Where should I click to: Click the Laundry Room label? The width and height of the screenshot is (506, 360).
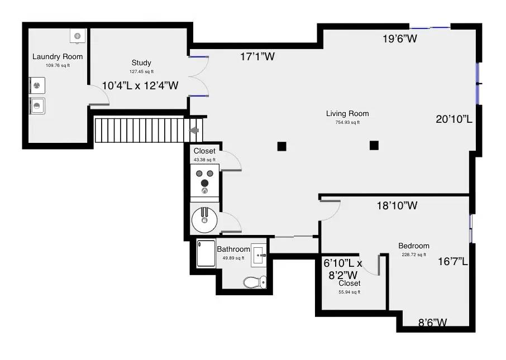[x=58, y=56]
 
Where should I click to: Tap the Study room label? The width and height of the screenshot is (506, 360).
[x=141, y=63]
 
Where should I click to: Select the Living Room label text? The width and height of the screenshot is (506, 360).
[x=347, y=113]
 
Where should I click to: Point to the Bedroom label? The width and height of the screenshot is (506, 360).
[x=413, y=246]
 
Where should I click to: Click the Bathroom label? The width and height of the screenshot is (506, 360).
[x=233, y=249]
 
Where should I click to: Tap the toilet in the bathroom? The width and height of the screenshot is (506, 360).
[x=255, y=282]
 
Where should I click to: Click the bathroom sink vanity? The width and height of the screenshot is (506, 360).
[x=259, y=255]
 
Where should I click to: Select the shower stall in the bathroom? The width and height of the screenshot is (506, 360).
[x=205, y=254]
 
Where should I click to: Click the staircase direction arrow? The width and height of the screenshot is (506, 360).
[x=194, y=130]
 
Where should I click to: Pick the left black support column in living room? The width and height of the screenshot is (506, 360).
[x=282, y=146]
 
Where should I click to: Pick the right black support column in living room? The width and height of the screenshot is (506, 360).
[x=374, y=146]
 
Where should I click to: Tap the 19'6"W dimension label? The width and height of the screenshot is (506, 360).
[x=400, y=39]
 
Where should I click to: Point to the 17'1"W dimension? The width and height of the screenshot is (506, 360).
[x=257, y=56]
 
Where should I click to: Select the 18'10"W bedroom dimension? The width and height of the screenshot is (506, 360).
[x=397, y=205]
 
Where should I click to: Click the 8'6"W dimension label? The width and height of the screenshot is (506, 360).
[x=433, y=322]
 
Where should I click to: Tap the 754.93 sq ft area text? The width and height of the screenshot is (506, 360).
[x=347, y=123]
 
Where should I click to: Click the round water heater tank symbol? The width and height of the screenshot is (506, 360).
[x=205, y=219]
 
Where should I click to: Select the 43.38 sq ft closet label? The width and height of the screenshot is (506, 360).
[x=204, y=160]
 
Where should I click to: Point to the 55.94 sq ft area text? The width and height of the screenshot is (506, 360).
[x=349, y=292]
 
